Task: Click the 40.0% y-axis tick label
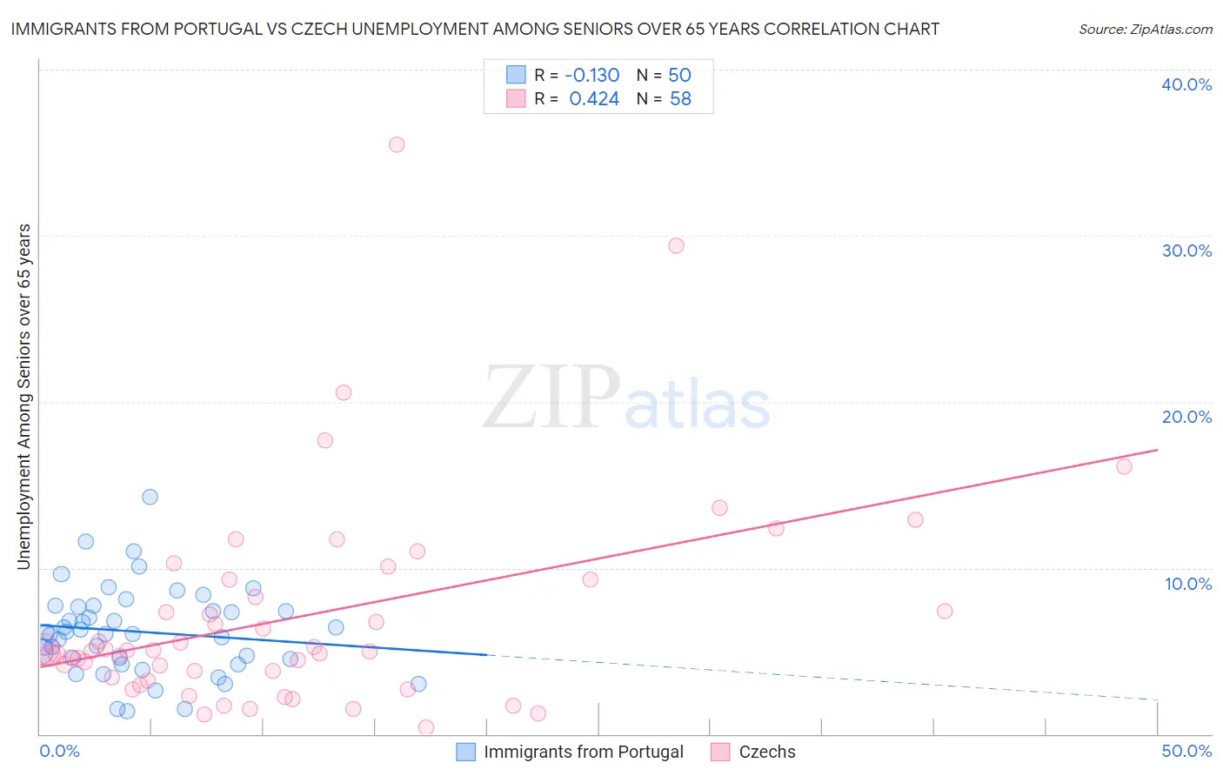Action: pos(1186,84)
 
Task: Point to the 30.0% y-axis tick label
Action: pos(1186,251)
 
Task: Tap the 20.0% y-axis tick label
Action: pos(1186,417)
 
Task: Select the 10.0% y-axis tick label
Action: pos(1188,584)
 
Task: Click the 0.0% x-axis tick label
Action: pos(60,751)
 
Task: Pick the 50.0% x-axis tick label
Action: pos(1186,751)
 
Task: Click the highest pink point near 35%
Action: pos(397,144)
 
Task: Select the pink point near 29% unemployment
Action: pos(676,245)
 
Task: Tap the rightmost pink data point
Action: pos(1124,466)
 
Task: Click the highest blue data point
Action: pos(150,497)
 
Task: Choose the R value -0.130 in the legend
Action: pos(592,75)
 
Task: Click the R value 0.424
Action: pos(594,99)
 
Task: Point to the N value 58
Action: pos(680,99)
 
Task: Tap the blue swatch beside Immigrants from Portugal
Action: pos(466,752)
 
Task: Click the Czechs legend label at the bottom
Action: pos(766,752)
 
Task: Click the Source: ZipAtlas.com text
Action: pos(1145,29)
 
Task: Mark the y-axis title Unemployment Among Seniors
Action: pos(23,397)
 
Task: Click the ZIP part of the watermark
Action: pos(551,398)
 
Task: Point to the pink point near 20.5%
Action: pos(344,392)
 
